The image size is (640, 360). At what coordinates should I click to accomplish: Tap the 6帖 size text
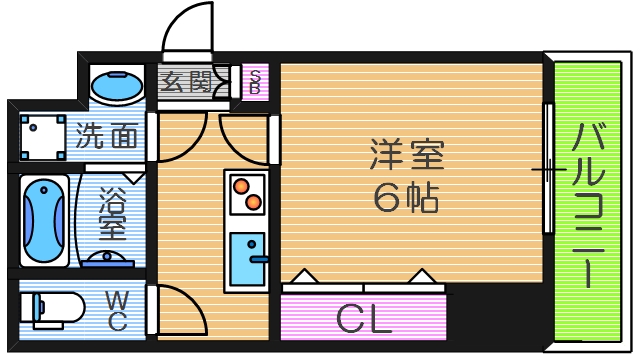pos(406,199)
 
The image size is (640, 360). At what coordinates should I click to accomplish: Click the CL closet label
pos(363,319)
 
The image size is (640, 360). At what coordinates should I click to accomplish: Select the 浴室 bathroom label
pos(111,212)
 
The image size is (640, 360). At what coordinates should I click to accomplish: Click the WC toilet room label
pos(116,311)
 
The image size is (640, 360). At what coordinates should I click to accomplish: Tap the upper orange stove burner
pos(241,184)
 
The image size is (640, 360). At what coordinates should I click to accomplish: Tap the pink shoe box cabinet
pos(255,83)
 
